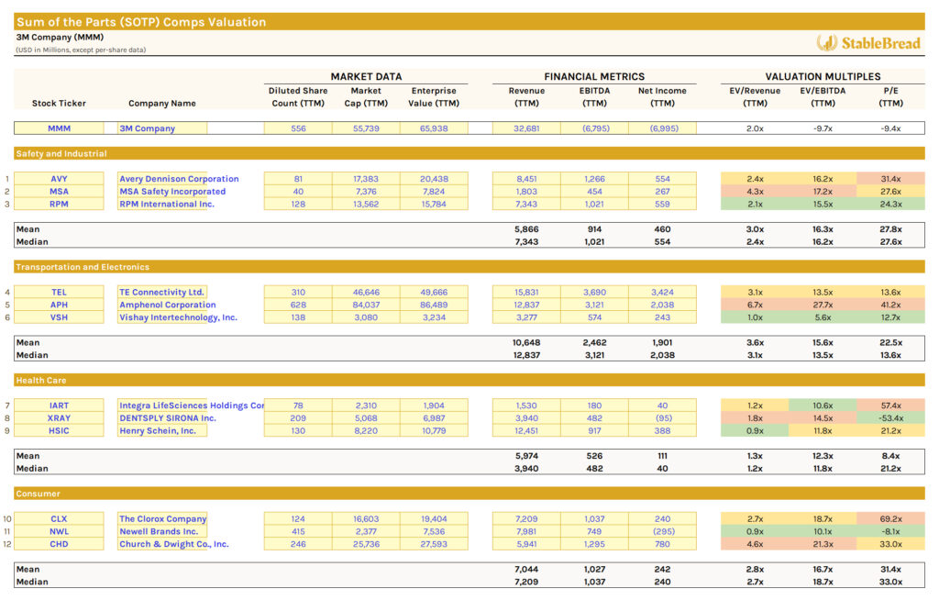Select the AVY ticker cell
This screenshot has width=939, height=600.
tap(59, 179)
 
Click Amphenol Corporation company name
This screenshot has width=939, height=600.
tap(168, 305)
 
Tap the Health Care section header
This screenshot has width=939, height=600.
tap(41, 380)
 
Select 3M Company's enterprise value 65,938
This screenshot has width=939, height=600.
tap(434, 128)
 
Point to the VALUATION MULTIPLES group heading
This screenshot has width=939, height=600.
tap(823, 77)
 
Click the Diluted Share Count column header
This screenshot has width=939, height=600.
tap(298, 96)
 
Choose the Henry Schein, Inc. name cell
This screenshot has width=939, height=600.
tap(158, 431)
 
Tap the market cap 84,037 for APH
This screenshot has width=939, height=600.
tap(366, 305)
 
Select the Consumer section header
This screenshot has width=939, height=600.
tap(39, 494)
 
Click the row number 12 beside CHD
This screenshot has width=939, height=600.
tap(6, 544)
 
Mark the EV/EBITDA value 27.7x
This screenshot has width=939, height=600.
tap(823, 305)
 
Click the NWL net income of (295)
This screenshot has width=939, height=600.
tap(662, 531)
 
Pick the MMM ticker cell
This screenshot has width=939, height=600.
tap(59, 128)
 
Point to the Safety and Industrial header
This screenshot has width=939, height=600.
tap(61, 153)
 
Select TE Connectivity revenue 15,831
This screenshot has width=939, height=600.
tap(525, 292)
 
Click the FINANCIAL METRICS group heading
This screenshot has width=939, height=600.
tap(594, 77)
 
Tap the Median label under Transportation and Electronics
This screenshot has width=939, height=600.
tap(32, 355)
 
